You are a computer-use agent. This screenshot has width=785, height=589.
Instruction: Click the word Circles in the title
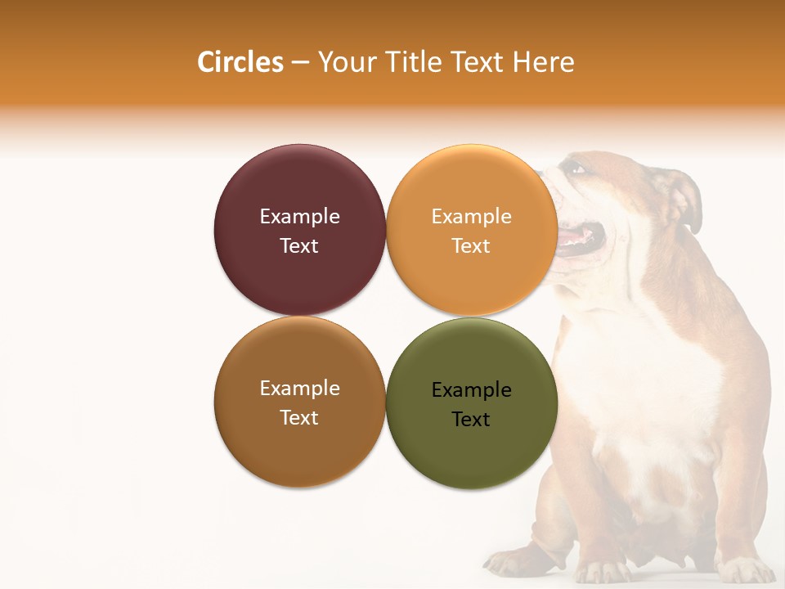coord(240,62)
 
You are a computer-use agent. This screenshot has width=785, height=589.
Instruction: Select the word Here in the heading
coord(543,62)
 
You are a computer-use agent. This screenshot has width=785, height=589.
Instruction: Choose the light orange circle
coord(471,278)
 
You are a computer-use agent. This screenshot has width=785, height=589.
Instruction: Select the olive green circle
coord(471,454)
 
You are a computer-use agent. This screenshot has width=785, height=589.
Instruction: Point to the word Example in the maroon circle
coord(299,217)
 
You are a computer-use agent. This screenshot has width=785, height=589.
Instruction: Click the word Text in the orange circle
coord(471,246)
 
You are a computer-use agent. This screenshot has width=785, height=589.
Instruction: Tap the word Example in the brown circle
coord(299,389)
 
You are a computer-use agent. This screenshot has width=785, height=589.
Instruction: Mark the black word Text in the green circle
coord(471,420)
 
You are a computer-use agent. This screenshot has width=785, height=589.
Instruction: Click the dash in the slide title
coord(300,62)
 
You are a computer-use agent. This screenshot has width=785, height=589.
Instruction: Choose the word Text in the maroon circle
coord(299,246)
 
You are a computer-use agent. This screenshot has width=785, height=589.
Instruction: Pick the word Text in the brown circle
coord(299,418)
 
